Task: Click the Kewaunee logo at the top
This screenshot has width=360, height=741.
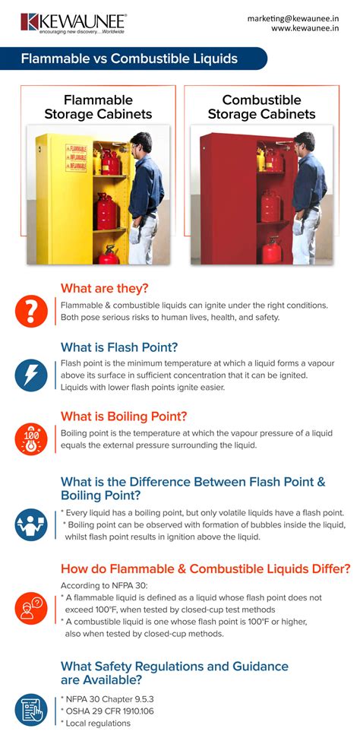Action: coord(73,22)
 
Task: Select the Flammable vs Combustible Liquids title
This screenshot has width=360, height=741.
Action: coord(129,59)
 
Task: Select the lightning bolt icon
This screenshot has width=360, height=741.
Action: coord(31,373)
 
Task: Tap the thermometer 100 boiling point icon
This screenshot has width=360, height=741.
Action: coord(31,439)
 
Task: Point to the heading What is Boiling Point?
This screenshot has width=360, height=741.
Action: coord(124,416)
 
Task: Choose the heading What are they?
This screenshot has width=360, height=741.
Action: coord(105,288)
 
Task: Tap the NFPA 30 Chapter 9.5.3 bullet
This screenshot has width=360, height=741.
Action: coord(111,698)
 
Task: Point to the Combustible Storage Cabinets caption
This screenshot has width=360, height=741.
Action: coord(261,107)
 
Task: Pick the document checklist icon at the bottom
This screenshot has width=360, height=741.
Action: coord(31,710)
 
